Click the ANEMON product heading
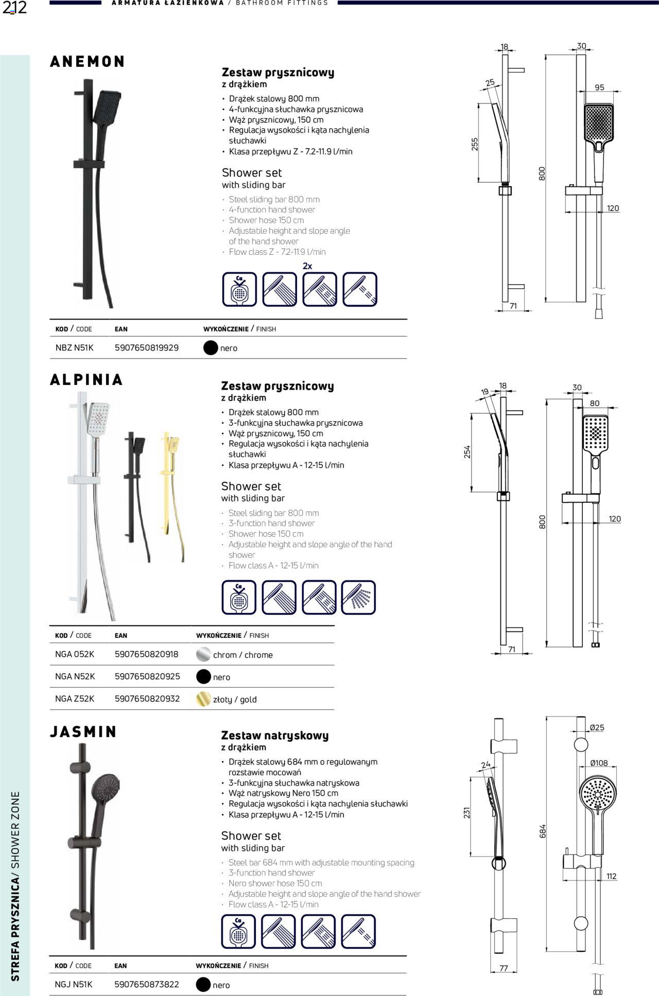pos(88,62)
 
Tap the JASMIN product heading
pos(83,731)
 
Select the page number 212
pos(14,8)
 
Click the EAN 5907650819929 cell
pos(146,348)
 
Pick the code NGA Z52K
pos(75,698)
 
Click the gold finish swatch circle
pos(204,698)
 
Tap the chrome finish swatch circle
pos(204,654)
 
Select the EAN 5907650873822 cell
pos(146,984)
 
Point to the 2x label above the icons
pos(307,266)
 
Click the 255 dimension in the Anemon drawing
pos(475,144)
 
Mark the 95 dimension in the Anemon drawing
pos(599,88)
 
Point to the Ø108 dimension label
pos(599,763)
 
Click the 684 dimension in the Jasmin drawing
pos(542,831)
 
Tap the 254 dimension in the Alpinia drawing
pos(467,452)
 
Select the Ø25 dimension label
pos(597,727)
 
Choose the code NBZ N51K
pos(75,348)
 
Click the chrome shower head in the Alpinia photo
pos(98,417)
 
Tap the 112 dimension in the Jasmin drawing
pos(611,876)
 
